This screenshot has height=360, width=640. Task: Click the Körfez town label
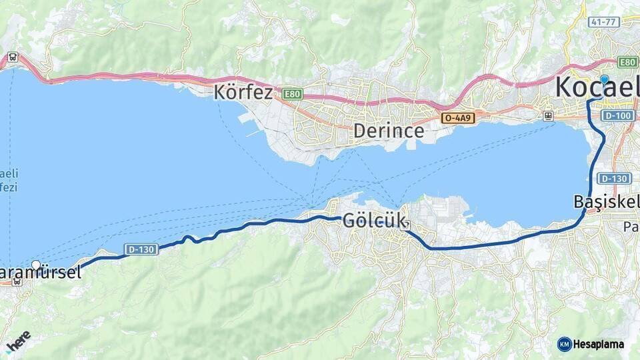(x=243, y=92)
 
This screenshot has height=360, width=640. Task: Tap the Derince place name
(x=389, y=131)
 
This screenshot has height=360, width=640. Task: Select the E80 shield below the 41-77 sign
(x=627, y=62)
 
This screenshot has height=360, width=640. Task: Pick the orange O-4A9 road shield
(x=457, y=118)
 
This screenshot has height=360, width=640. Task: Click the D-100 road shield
(x=616, y=116)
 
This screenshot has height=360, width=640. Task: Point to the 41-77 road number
(x=604, y=22)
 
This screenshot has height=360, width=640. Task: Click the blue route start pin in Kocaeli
(x=604, y=80)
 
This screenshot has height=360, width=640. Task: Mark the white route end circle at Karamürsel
(x=36, y=265)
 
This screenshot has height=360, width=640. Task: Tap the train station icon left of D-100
(x=548, y=115)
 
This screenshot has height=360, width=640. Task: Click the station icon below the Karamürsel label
(x=17, y=281)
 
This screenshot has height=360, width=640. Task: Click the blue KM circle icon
(x=565, y=344)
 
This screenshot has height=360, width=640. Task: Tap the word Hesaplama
(x=599, y=345)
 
